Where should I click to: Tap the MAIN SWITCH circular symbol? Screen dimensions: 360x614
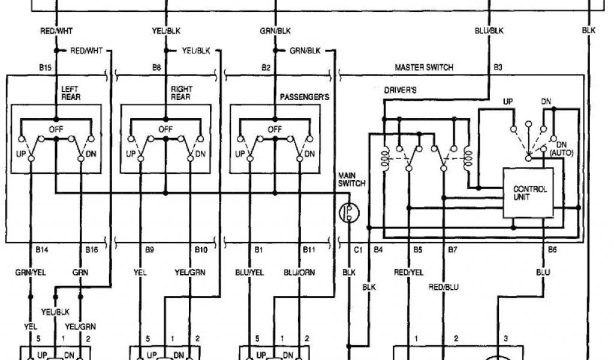click(x=347, y=211)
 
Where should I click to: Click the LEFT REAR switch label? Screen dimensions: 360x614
click(x=70, y=92)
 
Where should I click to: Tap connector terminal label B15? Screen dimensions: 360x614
click(x=44, y=68)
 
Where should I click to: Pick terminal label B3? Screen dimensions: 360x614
click(x=497, y=68)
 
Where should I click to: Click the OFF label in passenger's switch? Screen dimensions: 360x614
click(x=274, y=129)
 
